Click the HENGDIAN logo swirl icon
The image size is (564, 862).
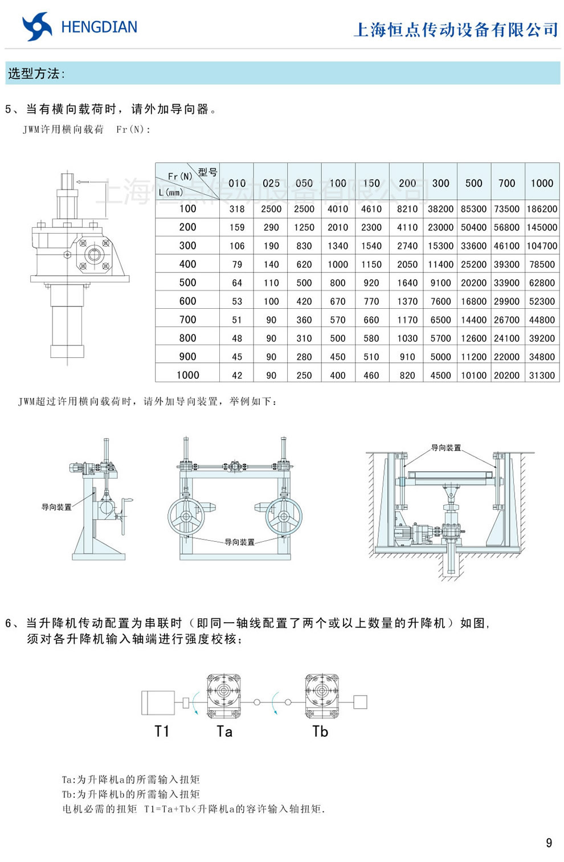point(37,27)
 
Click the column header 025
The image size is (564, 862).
point(271,183)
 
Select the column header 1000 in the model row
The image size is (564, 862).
point(542,183)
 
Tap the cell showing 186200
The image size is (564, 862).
point(542,209)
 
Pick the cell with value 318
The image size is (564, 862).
point(237,209)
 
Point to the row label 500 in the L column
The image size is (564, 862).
point(187,283)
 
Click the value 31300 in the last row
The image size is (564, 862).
point(542,375)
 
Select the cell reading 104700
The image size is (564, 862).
point(542,246)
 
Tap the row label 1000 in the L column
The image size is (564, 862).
point(187,375)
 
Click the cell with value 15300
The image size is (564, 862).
point(440,246)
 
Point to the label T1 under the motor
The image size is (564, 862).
point(162,731)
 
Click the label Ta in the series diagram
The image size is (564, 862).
point(224,732)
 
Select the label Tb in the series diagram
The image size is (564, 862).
point(320,732)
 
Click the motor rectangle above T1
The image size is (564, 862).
point(158,702)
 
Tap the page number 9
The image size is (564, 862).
point(549,843)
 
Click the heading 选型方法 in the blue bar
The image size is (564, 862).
point(36,73)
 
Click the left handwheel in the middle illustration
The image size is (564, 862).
point(186,516)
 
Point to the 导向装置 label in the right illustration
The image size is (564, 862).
point(446,448)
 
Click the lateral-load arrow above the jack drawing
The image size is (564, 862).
point(83,182)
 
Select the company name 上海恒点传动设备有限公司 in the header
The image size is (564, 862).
point(456,30)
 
